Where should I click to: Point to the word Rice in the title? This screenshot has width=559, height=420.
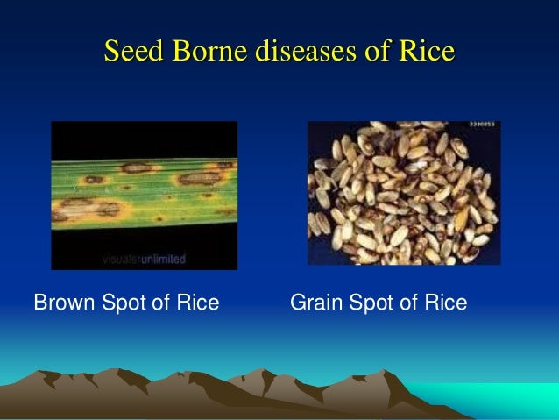point(427,52)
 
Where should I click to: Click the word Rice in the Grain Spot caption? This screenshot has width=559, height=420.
point(447,303)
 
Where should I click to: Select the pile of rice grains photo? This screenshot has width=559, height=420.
point(403,193)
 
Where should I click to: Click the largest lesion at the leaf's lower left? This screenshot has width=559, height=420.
point(88,209)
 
